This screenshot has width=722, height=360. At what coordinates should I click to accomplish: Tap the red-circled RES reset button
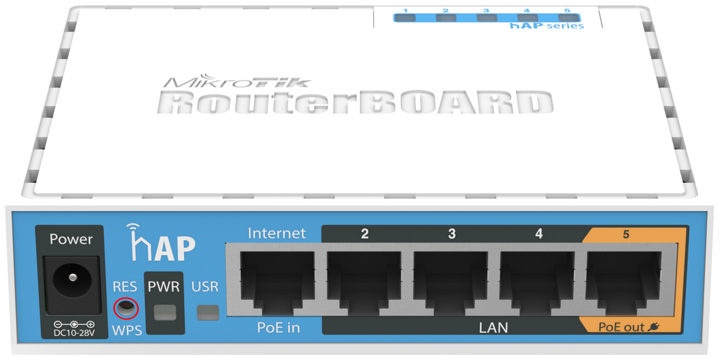pyautogui.click(x=126, y=308)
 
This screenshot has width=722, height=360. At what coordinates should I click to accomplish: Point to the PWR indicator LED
pyautogui.click(x=165, y=312)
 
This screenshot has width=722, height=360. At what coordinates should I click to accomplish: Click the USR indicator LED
pyautogui.click(x=208, y=312)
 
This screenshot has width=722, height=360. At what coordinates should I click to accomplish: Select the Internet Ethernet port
pyautogui.click(x=277, y=283)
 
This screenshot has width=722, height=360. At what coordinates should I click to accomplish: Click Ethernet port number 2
pyautogui.click(x=364, y=283)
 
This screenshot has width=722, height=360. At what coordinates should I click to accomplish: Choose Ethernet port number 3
pyautogui.click(x=451, y=283)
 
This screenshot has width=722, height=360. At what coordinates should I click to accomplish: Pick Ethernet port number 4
pyautogui.click(x=538, y=283)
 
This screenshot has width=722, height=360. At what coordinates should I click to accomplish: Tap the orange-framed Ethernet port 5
pyautogui.click(x=624, y=283)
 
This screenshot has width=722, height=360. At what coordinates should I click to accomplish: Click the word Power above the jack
pyautogui.click(x=71, y=239)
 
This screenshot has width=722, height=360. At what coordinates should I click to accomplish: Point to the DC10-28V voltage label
pyautogui.click(x=74, y=333)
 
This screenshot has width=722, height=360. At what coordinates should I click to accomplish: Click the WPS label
pyautogui.click(x=127, y=331)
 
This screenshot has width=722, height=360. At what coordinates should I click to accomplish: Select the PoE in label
pyautogui.click(x=278, y=328)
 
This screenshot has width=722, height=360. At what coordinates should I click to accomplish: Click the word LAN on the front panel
pyautogui.click(x=493, y=328)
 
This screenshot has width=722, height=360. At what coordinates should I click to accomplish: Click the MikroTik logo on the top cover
pyautogui.click(x=237, y=81)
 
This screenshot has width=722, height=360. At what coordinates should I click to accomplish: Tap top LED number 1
pyautogui.click(x=405, y=18)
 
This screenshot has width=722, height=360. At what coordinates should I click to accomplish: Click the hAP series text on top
pyautogui.click(x=546, y=26)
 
